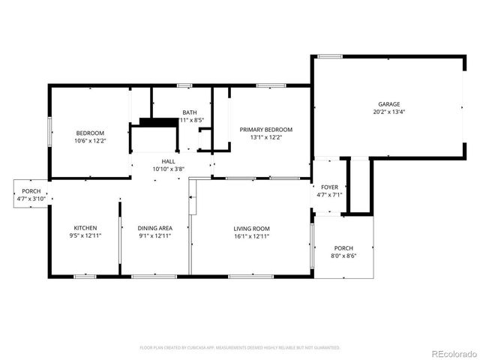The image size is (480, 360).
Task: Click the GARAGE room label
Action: [x=388, y=104]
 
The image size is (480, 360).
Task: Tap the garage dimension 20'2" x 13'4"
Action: [x=388, y=112]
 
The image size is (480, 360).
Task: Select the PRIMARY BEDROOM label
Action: [x=266, y=130]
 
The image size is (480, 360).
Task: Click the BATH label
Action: [x=190, y=112]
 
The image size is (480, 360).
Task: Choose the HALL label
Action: [x=169, y=161]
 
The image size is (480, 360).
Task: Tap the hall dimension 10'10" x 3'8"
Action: [x=169, y=169]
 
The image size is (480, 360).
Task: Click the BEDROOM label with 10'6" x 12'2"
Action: [x=89, y=132]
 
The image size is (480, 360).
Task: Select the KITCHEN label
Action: [x=85, y=228]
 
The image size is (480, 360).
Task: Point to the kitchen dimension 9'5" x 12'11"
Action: [x=85, y=236]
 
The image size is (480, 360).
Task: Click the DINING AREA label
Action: [x=155, y=228]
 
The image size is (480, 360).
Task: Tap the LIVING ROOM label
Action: [x=251, y=228]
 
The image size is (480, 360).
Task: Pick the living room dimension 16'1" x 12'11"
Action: [x=251, y=236]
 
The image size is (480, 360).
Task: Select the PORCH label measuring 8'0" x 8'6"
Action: [x=343, y=248]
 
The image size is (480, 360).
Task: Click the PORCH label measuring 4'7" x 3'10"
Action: [x=31, y=191]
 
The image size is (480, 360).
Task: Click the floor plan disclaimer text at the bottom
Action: [x=240, y=348]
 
